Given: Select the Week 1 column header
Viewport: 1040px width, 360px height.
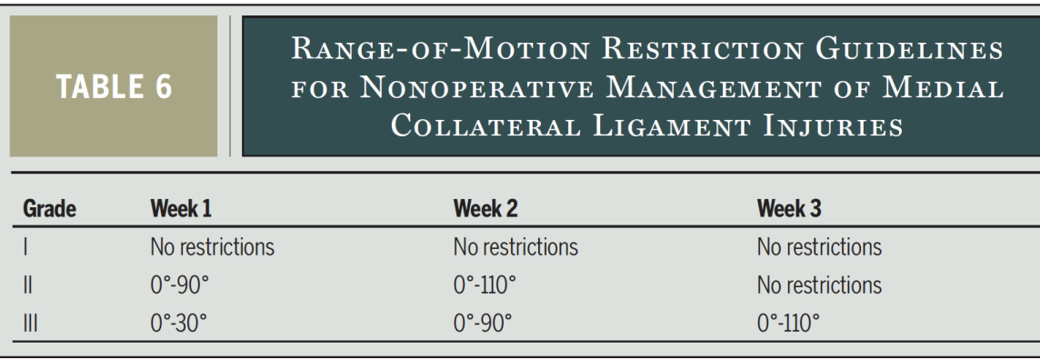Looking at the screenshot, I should pos(181,208).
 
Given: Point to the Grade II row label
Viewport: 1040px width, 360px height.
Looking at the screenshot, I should pos(26,285).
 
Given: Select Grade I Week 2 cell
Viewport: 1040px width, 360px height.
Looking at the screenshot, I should pos(515,245).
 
